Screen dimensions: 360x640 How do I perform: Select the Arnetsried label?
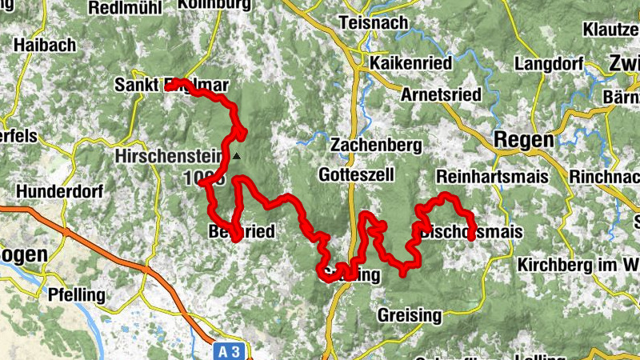[x=441, y=94]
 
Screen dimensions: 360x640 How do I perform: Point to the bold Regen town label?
[x=524, y=139]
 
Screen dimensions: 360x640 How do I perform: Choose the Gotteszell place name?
[x=356, y=174]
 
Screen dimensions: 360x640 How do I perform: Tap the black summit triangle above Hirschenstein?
[x=238, y=155]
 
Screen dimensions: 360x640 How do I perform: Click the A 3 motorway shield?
[x=228, y=350]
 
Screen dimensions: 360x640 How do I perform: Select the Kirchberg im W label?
[x=578, y=264]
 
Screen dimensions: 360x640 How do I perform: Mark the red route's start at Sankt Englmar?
[x=167, y=86]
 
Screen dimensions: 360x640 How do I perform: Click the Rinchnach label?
[x=605, y=175]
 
